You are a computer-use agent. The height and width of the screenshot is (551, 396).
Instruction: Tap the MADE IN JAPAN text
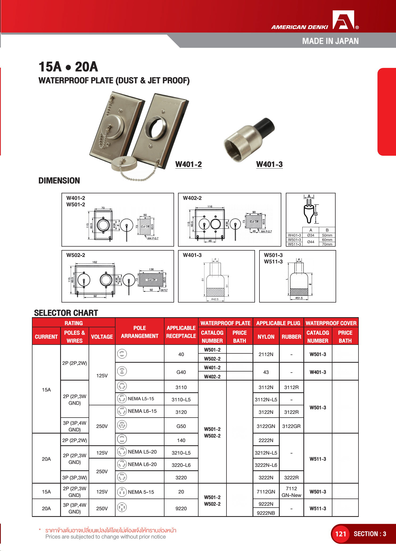tap(330, 41)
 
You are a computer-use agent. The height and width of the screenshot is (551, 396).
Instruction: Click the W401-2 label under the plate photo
tap(188, 164)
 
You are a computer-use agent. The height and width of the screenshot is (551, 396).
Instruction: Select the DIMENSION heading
tap(59, 181)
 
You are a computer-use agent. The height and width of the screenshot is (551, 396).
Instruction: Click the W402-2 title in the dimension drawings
tap(192, 198)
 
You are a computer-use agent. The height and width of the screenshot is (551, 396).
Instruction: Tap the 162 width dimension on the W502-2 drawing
tap(95, 262)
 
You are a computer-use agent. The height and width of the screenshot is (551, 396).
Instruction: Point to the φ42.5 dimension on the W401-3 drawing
tap(215, 299)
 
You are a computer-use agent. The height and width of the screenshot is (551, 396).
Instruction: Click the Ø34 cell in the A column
tap(311, 235)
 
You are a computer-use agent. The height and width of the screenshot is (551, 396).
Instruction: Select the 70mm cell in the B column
tap(327, 244)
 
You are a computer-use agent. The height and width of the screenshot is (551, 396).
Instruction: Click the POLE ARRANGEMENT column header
tap(139, 332)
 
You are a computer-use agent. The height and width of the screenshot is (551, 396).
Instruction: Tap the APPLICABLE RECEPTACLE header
tap(181, 332)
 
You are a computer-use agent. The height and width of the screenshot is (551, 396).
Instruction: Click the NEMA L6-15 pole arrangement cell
tap(139, 411)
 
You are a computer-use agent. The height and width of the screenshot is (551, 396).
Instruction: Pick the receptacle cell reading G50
tap(181, 426)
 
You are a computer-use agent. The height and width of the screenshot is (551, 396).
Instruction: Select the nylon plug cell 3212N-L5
tap(266, 453)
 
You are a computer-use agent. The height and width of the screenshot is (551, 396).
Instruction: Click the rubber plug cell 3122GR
tap(291, 426)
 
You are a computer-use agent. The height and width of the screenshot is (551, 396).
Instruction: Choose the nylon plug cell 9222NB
tap(266, 513)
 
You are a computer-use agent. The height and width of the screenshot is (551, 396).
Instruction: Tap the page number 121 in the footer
tap(340, 534)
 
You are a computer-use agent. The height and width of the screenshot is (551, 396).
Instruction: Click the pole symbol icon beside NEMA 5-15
tap(122, 492)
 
